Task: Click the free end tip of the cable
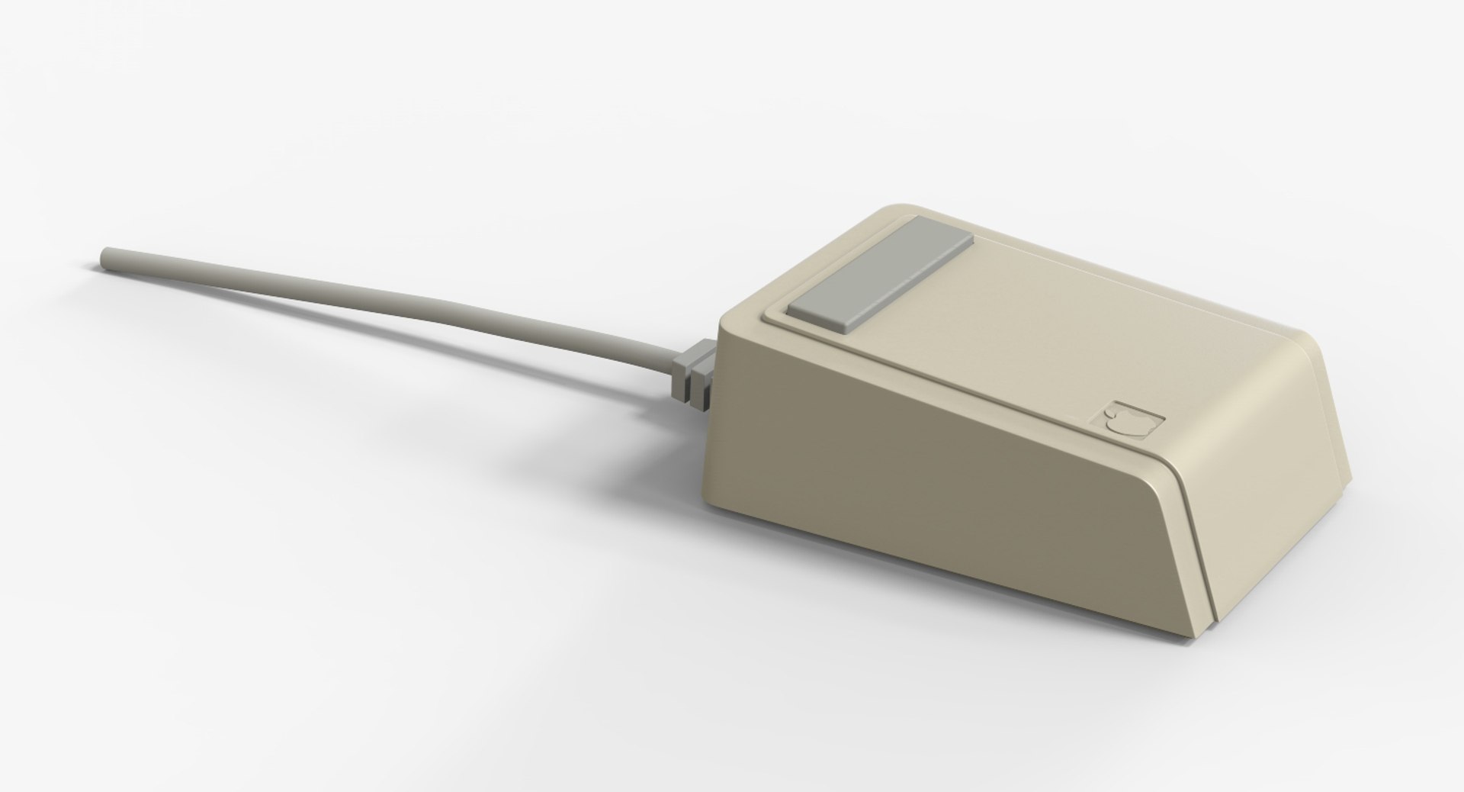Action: point(104,257)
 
